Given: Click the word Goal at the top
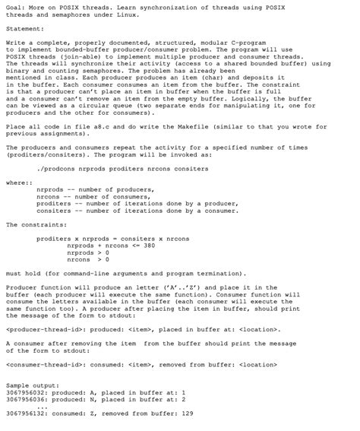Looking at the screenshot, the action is pos(13,6).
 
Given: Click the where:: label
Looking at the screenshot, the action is pos(16,182).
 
